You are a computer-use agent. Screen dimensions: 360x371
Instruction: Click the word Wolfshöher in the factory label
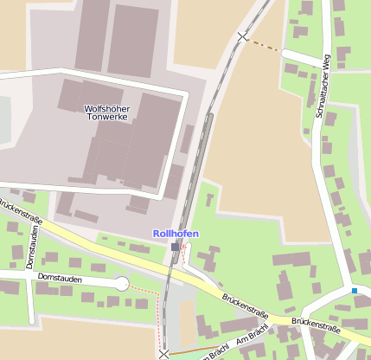(106, 108)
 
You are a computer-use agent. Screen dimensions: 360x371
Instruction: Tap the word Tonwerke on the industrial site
(106, 118)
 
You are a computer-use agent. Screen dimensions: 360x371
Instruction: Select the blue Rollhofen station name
(176, 234)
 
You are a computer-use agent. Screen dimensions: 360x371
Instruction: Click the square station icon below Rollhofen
(176, 247)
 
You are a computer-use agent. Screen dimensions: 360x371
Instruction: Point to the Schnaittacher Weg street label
(323, 86)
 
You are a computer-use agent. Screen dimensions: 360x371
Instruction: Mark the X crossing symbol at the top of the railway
(242, 36)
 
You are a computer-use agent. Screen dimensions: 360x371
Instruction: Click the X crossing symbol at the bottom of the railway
(163, 353)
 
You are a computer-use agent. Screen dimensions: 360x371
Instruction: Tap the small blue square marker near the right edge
(354, 291)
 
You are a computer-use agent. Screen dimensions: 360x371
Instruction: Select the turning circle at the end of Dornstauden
(122, 284)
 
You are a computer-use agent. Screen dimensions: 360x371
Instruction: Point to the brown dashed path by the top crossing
(263, 44)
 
